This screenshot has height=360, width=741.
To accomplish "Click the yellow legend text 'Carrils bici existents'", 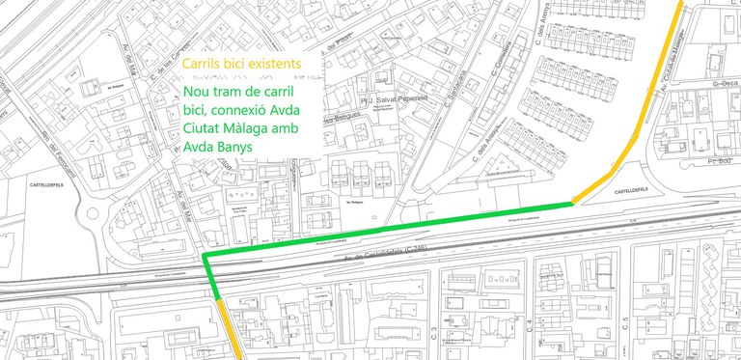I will [240, 65].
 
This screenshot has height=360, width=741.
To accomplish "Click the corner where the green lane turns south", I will [206, 257].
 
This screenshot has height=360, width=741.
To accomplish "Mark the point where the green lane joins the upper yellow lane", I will [571, 203].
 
